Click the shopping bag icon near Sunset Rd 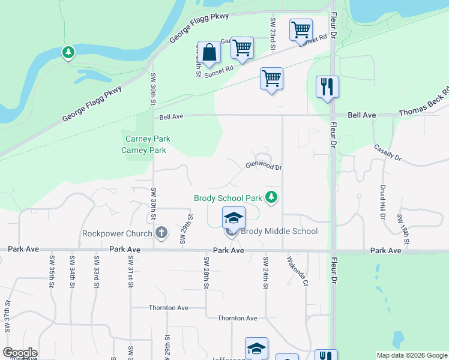(x=209, y=53)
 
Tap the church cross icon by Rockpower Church (x=161, y=232)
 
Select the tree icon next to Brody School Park (x=272, y=197)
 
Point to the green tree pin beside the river (x=68, y=53)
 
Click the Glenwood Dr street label (x=263, y=167)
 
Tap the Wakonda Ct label (x=297, y=271)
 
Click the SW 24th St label (x=264, y=271)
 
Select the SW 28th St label (x=205, y=271)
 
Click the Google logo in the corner (x=20, y=353)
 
